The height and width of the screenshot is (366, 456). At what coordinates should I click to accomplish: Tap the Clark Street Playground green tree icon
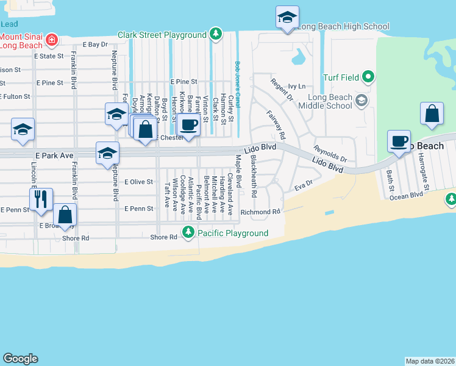click(x=215, y=34)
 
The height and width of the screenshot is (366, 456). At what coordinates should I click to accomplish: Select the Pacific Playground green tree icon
click(x=188, y=233)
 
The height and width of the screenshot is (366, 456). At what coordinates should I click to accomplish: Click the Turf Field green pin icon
click(x=368, y=77)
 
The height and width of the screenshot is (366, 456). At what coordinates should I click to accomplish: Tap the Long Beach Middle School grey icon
click(x=361, y=99)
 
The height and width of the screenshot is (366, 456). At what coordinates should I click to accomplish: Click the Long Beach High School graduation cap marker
click(x=287, y=18)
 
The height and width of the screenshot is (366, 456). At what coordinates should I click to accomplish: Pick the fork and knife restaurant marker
click(x=41, y=198)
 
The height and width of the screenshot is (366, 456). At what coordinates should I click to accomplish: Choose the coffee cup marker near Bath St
click(x=399, y=141)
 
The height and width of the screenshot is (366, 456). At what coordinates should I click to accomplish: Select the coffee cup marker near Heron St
click(x=188, y=124)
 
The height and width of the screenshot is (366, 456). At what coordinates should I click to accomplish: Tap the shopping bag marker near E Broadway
click(x=65, y=215)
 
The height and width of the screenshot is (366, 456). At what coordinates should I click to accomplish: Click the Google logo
click(x=20, y=359)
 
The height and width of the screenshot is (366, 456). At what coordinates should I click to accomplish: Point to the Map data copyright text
click(x=430, y=361)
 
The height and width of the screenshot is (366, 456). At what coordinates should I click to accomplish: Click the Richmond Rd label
click(x=260, y=212)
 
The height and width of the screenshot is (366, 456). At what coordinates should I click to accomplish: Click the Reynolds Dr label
click(x=330, y=154)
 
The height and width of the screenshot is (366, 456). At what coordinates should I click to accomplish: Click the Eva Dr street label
click(x=303, y=183)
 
